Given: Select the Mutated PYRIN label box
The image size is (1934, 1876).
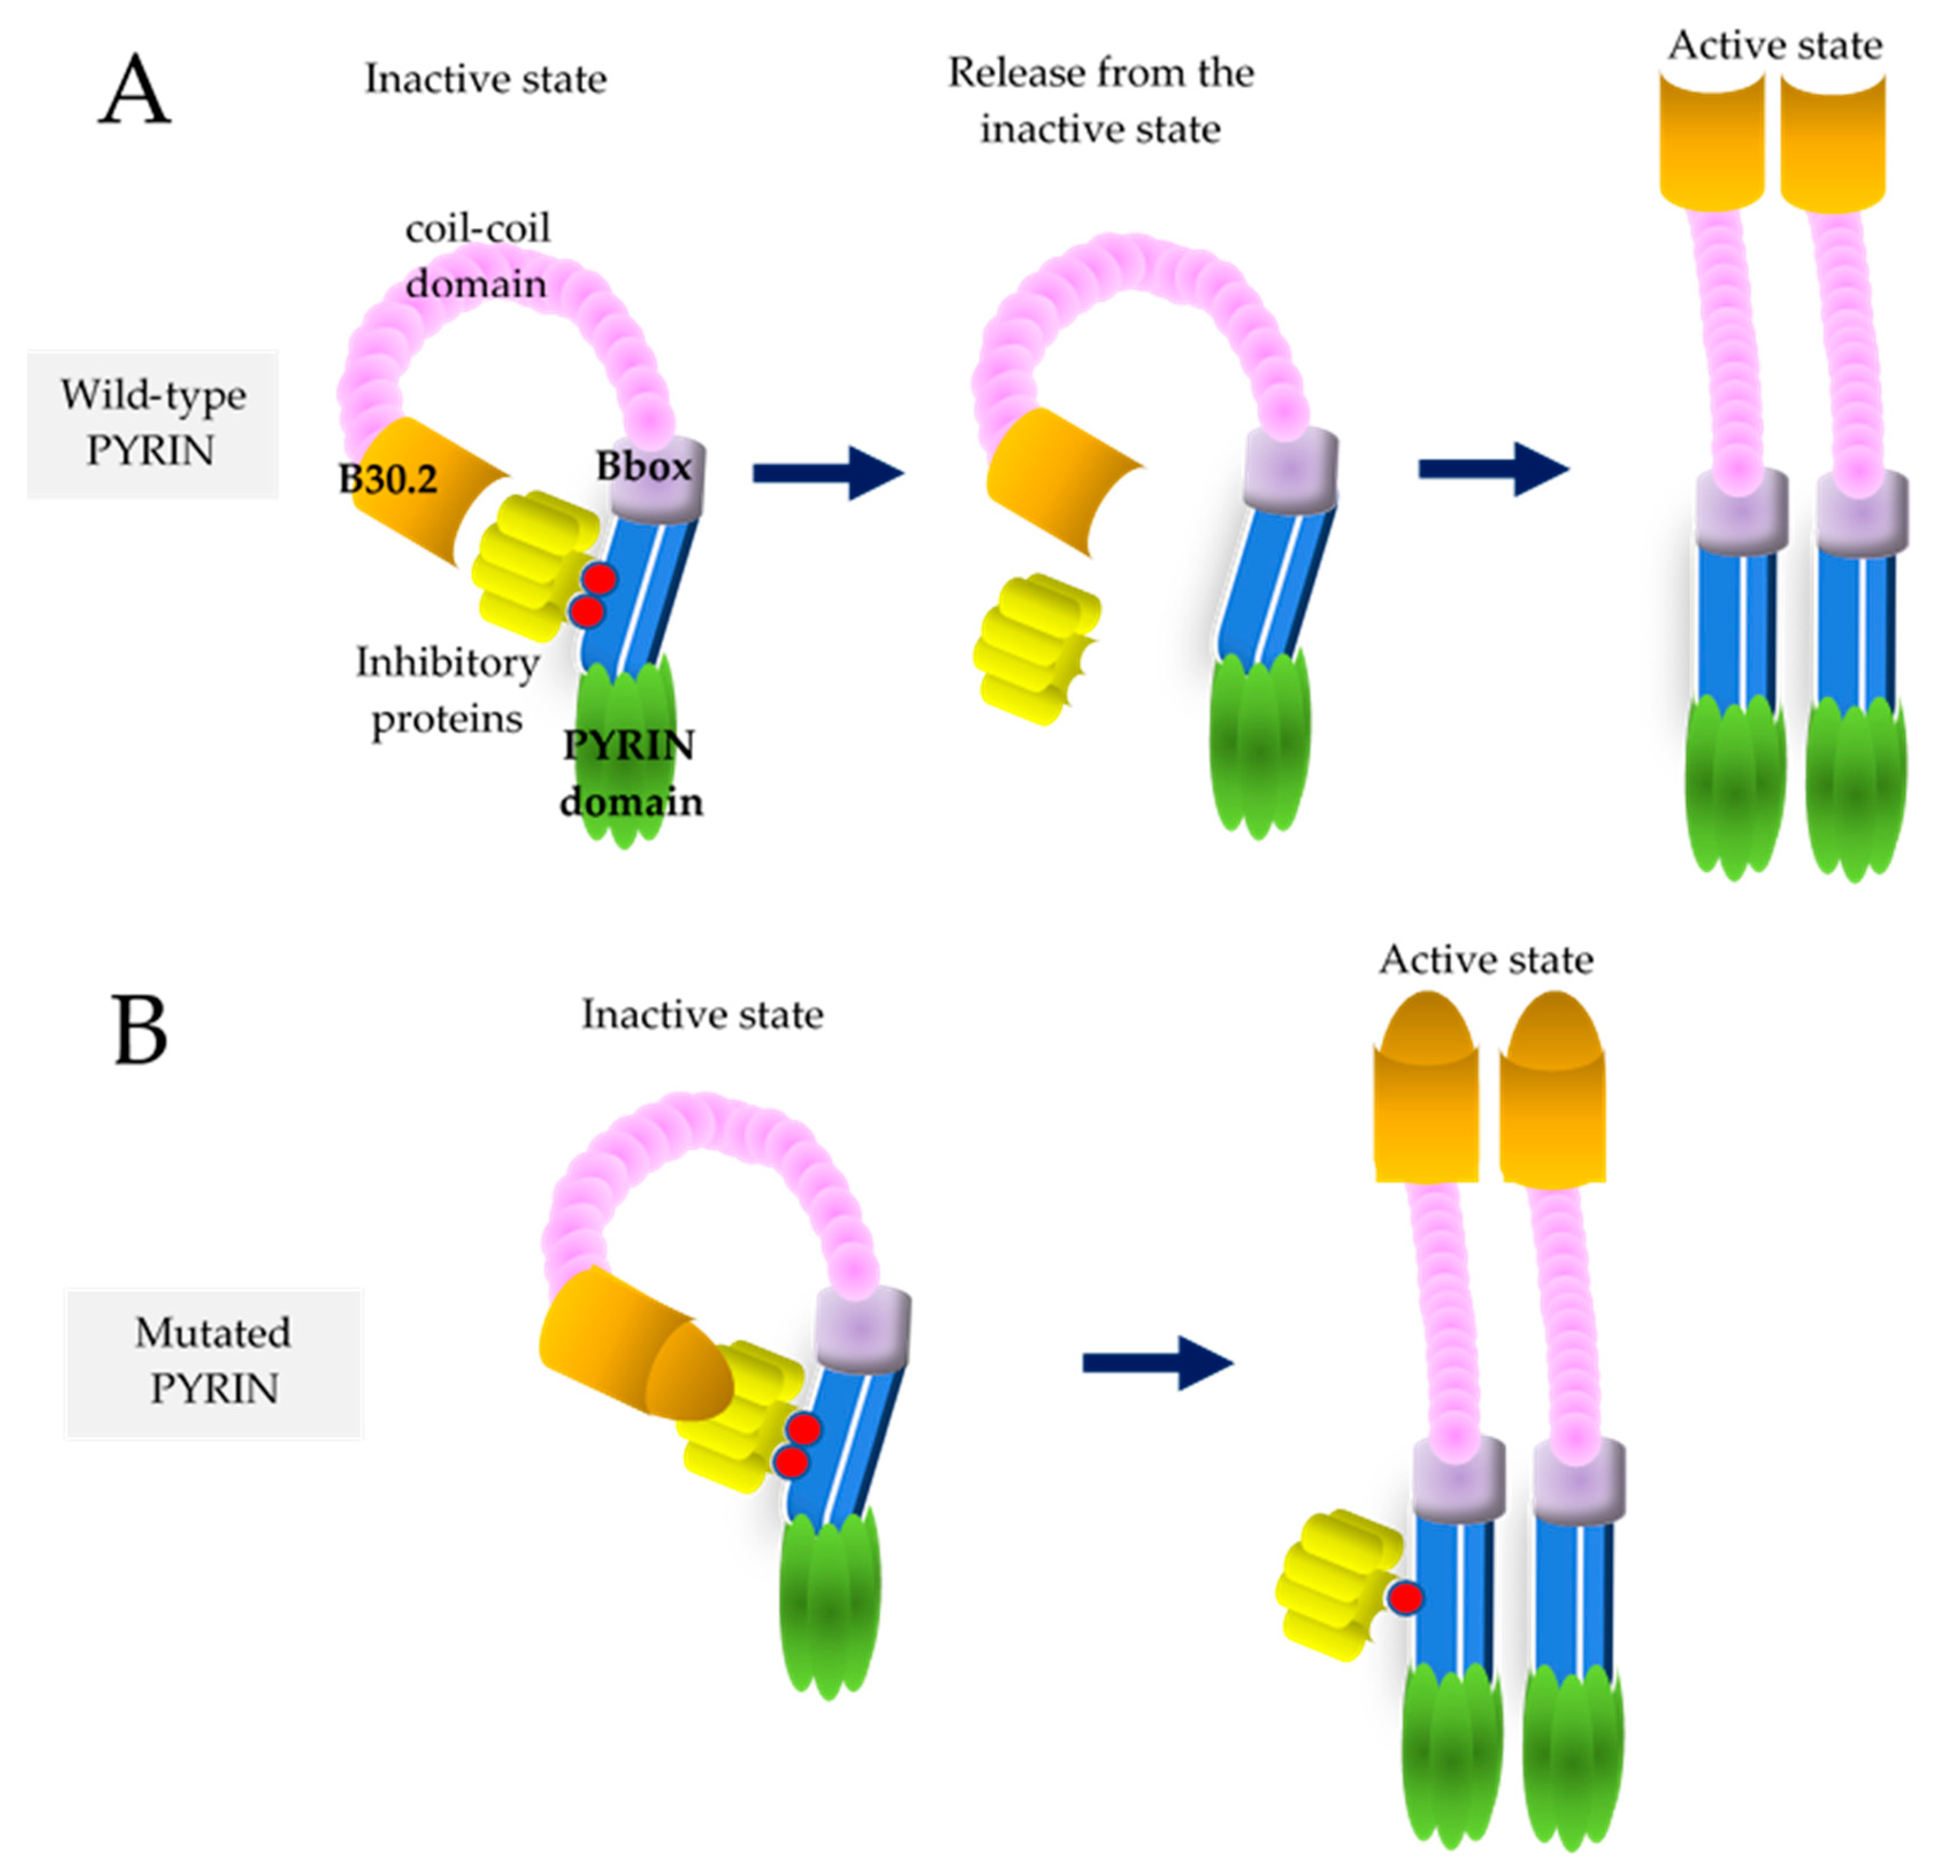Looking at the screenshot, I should pyautogui.click(x=213, y=1362).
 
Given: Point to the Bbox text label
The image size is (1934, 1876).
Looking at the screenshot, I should pyautogui.click(x=643, y=466).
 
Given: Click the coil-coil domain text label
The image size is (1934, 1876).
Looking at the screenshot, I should pyautogui.click(x=478, y=255).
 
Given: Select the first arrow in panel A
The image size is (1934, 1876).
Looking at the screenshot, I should pyautogui.click(x=827, y=473).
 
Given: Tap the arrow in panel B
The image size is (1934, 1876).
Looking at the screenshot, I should pyautogui.click(x=1157, y=1363).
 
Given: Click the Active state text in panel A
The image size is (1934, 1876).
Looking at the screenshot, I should pyautogui.click(x=1774, y=45).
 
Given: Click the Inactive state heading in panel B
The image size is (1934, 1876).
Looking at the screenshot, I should pyautogui.click(x=701, y=1014).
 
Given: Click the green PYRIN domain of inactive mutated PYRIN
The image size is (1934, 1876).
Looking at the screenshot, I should pyautogui.click(x=830, y=1590).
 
